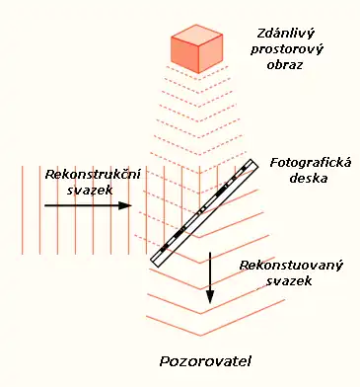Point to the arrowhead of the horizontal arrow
(x=125, y=206)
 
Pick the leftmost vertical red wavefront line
(x=22, y=211)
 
